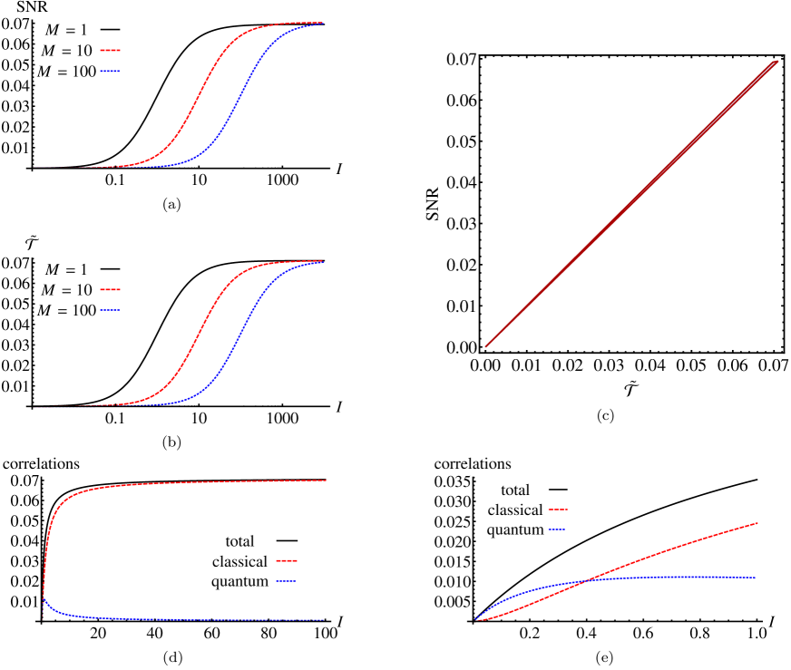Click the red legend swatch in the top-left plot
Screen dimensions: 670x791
[110, 51]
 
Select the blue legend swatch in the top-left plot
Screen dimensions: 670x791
[110, 71]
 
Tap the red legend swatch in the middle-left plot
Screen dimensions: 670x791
[110, 290]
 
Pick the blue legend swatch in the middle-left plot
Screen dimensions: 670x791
[110, 310]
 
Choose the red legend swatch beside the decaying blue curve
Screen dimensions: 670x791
[287, 561]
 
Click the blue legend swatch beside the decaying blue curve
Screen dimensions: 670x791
[287, 580]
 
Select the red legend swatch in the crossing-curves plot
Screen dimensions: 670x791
[557, 510]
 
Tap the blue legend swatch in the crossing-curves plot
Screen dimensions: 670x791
[557, 529]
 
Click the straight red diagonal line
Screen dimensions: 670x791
[630, 205]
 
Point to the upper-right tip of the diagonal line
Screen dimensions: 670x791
[777, 62]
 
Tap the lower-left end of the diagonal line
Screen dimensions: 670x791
[486, 345]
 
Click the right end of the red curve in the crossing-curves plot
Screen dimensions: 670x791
[757, 523]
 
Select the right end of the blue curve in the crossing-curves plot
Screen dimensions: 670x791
[756, 578]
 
